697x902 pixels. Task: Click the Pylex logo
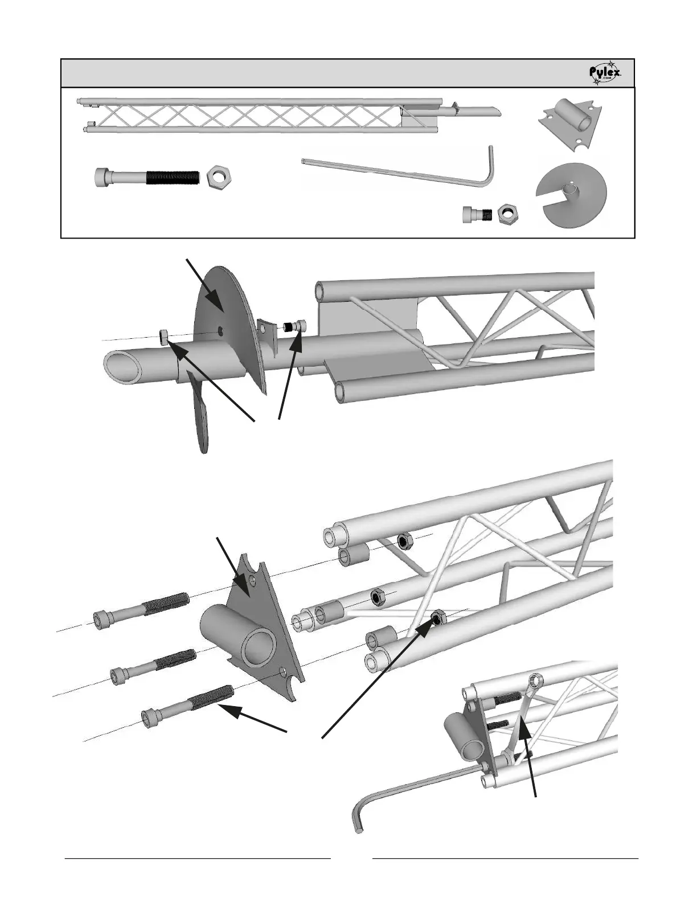point(605,73)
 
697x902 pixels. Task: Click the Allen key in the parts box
point(399,169)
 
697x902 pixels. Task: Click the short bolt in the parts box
point(478,215)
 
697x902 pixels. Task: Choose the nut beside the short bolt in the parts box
point(506,215)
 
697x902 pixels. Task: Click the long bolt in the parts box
point(147,177)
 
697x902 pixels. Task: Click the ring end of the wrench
point(535,680)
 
